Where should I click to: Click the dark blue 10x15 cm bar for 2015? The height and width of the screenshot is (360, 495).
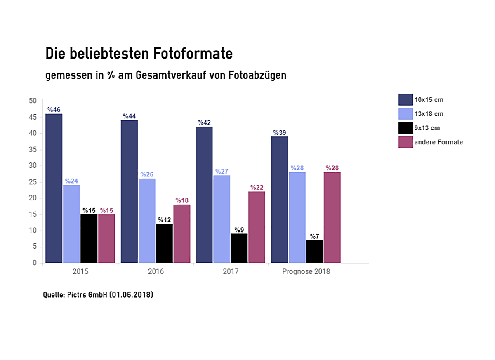(x=54, y=188)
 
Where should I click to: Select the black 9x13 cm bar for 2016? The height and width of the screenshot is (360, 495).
(x=164, y=243)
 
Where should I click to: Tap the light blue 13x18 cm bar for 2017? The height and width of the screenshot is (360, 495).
(x=222, y=219)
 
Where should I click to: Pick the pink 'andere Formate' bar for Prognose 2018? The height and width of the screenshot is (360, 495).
(x=332, y=217)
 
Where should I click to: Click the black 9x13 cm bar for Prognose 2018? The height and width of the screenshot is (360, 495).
(x=314, y=252)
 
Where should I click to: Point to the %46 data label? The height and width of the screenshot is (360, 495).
(x=54, y=110)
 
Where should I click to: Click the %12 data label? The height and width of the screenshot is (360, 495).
(x=164, y=220)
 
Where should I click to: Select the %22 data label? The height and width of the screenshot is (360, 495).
(x=257, y=188)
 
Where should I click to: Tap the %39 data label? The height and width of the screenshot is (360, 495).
(x=280, y=133)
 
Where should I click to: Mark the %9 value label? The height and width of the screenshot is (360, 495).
(x=239, y=230)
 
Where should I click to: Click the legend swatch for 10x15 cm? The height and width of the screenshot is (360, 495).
(x=405, y=99)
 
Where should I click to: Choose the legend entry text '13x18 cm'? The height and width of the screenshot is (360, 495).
(x=429, y=114)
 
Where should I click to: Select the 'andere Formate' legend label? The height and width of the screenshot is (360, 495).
(x=438, y=142)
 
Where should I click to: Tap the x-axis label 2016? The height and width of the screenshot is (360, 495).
(x=156, y=272)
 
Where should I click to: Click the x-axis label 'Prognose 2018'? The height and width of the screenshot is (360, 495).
(x=306, y=272)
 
